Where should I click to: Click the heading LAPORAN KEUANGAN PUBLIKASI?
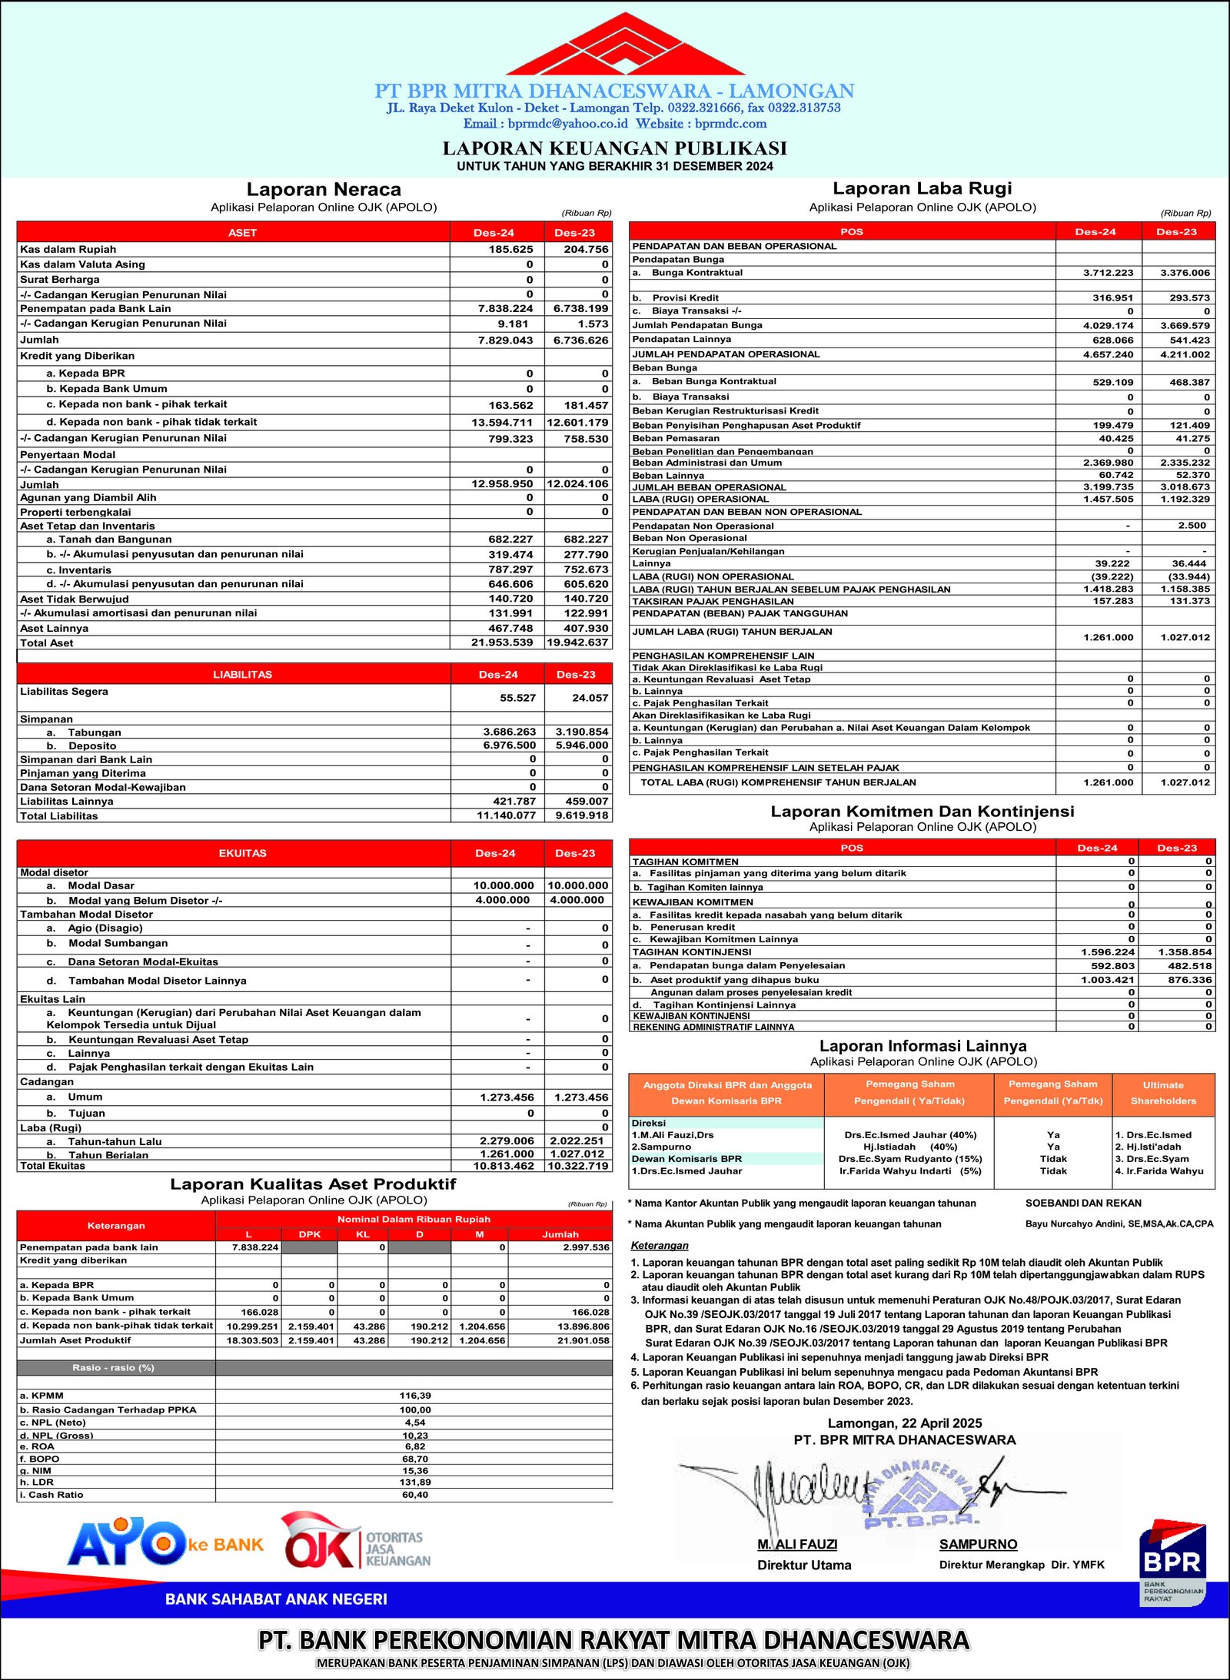(614, 148)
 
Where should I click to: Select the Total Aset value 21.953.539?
(502, 642)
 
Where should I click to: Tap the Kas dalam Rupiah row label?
(68, 249)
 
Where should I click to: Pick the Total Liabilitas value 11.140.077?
(506, 815)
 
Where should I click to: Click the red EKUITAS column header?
(242, 853)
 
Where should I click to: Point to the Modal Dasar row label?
(101, 885)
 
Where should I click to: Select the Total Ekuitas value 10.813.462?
(504, 1166)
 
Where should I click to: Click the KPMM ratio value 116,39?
(415, 1396)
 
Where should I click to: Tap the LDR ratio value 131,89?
(415, 1482)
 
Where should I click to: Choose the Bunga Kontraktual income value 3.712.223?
(1108, 273)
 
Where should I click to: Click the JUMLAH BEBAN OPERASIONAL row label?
(709, 487)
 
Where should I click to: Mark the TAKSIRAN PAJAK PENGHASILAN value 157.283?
(1113, 601)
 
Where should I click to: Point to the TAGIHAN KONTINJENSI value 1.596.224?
(1108, 951)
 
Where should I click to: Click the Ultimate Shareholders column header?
(1163, 1093)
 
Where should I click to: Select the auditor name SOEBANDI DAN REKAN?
(1083, 1203)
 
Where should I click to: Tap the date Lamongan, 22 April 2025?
(904, 1423)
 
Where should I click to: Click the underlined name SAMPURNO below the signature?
(978, 1544)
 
